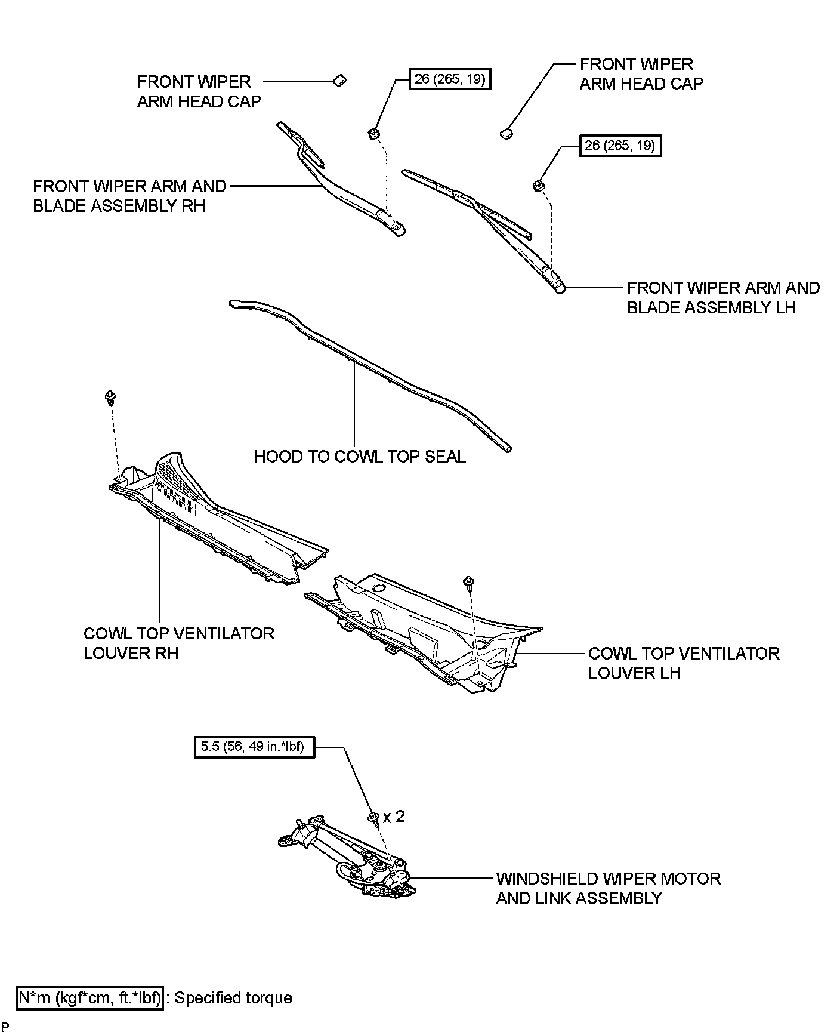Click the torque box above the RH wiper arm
point(450,79)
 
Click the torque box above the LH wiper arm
point(620,146)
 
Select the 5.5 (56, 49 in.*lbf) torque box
point(255,747)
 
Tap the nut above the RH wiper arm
point(374,132)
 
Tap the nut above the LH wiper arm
point(538,185)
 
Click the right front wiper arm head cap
point(507,133)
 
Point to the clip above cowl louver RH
point(110,397)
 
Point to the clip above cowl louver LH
point(469,581)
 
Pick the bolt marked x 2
point(373,817)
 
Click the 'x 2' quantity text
point(394,816)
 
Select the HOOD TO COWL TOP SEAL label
point(360,457)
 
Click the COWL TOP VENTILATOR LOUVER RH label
point(178,643)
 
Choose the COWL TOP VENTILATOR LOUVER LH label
point(684,663)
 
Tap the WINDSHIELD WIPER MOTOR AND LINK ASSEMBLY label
point(608,888)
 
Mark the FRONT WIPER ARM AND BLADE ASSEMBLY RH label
point(129,196)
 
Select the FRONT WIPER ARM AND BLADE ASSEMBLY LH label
point(723,297)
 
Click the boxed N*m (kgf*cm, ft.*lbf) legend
point(89,998)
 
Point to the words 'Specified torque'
point(233,998)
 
